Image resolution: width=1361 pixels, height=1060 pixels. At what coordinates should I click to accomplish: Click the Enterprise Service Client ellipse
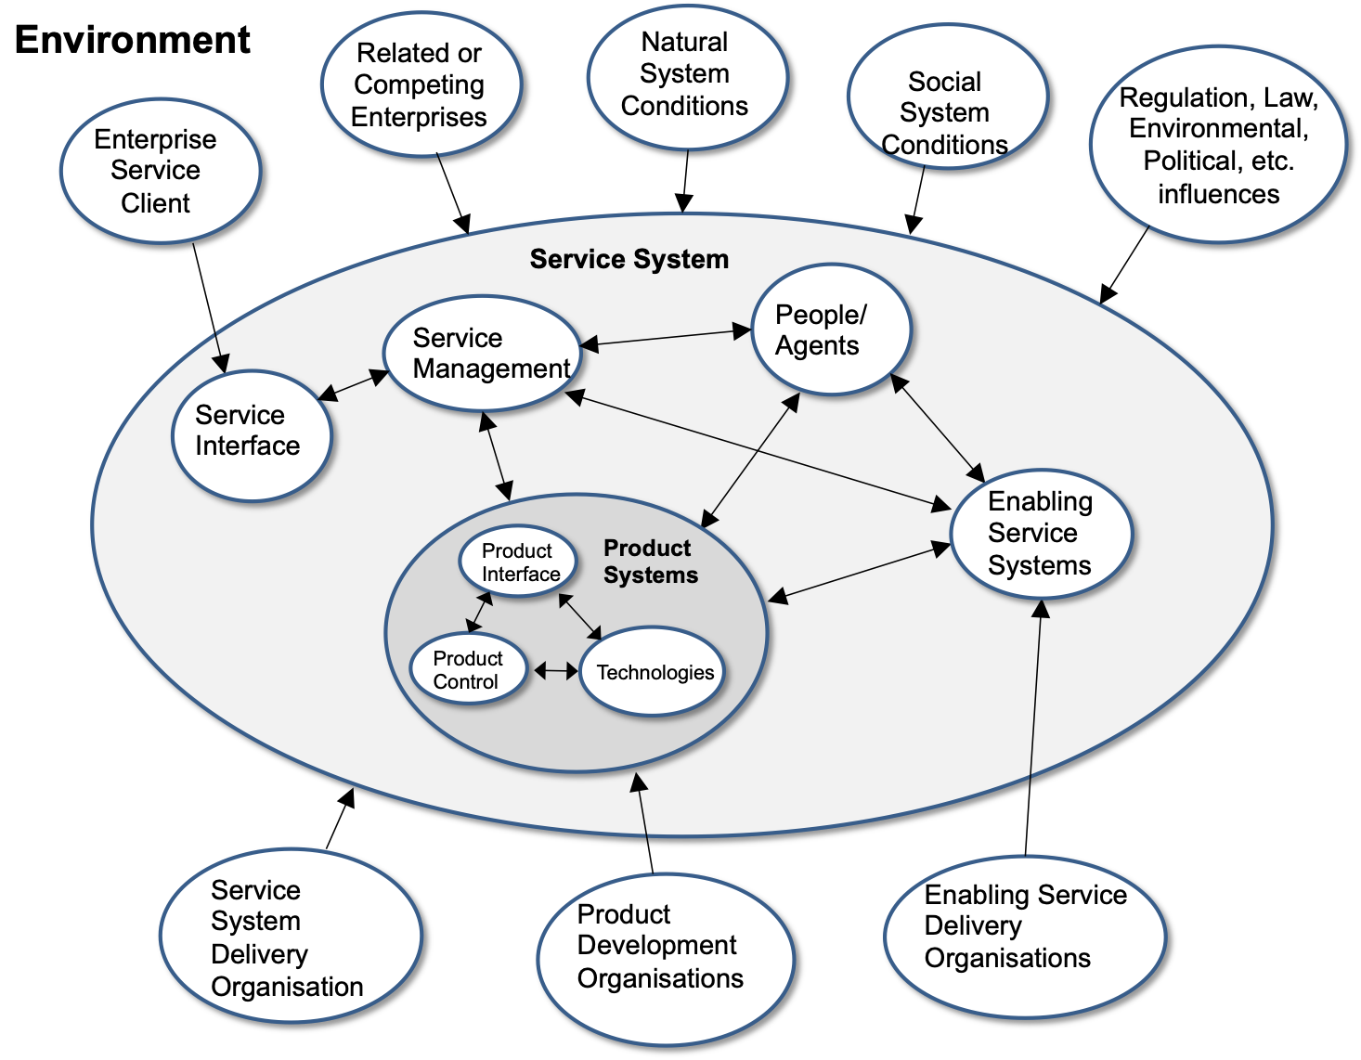(x=161, y=171)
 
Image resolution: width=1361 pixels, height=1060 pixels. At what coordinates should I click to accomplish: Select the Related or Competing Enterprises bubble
(x=421, y=84)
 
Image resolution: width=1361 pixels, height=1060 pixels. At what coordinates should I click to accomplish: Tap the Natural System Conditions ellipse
(x=687, y=75)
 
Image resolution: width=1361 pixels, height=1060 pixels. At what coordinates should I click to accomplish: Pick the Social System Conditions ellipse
(x=947, y=97)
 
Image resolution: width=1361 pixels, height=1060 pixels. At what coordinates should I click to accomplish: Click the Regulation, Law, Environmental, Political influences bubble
(x=1217, y=144)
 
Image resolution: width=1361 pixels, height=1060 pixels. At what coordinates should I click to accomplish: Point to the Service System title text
(x=629, y=259)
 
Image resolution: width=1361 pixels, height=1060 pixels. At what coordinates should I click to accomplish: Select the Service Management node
(x=483, y=353)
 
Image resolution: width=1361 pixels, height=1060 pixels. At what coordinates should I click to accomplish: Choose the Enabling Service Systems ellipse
(x=1041, y=534)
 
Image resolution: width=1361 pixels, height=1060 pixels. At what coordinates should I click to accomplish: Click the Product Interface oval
(x=518, y=562)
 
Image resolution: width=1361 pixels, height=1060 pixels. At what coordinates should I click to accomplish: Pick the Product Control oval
(x=468, y=669)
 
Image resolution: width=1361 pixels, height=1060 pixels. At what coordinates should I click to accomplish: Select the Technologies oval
(x=653, y=672)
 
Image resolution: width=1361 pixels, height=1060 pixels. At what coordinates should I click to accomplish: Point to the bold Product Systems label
(x=650, y=562)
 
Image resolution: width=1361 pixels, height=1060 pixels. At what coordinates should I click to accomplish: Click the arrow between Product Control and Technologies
(x=556, y=670)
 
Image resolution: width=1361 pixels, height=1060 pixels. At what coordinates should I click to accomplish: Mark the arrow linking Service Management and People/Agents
(x=666, y=338)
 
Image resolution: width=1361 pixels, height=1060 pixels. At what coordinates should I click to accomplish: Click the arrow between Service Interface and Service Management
(x=353, y=385)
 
